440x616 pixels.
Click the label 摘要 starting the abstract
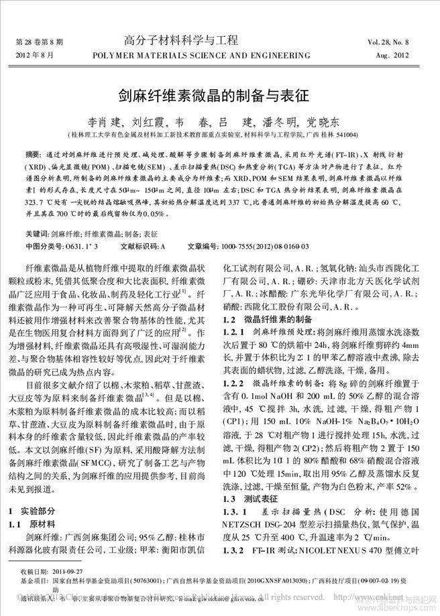(x=31, y=154)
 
